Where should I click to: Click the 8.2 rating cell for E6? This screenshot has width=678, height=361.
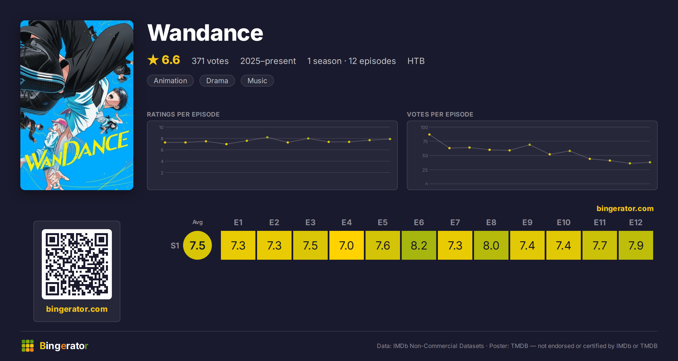coord(419,245)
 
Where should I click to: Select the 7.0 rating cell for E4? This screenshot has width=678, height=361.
coord(347,245)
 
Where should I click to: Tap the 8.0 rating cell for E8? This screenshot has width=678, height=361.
coord(491,245)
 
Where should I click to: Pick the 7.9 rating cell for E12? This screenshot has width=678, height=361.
coord(636,245)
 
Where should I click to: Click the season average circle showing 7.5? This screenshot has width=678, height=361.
coord(197,245)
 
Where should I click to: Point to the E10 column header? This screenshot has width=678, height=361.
coord(564,222)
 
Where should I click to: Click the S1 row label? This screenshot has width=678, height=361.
coord(175,246)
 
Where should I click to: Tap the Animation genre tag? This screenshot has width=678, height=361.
coord(170,81)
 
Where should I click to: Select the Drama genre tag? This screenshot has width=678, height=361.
coord(217,81)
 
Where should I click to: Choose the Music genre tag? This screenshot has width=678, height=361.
coord(257,81)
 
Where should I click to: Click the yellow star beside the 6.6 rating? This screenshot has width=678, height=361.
coord(153,60)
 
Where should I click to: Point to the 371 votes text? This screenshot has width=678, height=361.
coord(210,61)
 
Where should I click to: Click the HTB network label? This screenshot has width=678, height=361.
coord(416,61)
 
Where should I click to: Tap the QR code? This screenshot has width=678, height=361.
coord(77,264)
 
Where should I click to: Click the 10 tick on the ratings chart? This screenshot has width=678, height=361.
coord(161,127)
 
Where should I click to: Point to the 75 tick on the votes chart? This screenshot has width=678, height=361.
coord(425,141)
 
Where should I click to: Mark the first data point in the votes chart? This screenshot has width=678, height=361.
coord(429,135)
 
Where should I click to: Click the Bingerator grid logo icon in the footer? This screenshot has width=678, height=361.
coord(28,346)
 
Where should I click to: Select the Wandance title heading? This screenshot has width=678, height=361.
coord(205,33)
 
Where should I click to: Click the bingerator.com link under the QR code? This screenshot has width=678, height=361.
coord(77,309)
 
